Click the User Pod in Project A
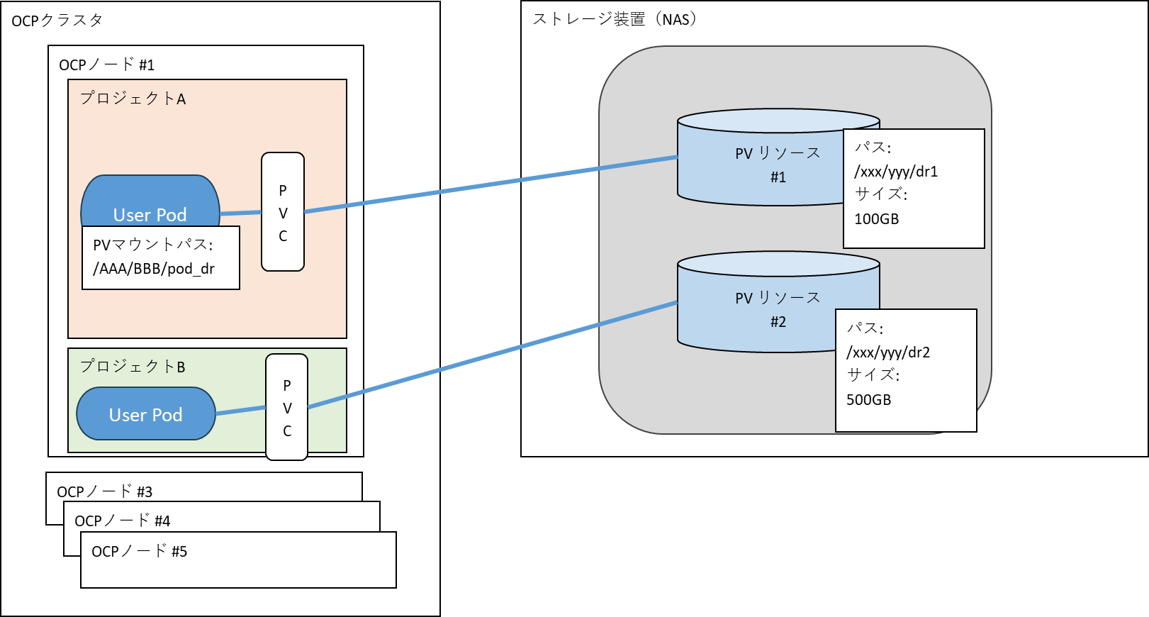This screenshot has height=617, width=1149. pyautogui.click(x=150, y=202)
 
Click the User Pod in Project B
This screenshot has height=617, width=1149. pyautogui.click(x=146, y=414)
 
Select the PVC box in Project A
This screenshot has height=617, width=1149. pyautogui.click(x=283, y=212)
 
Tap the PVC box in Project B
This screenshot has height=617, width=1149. pyautogui.click(x=287, y=407)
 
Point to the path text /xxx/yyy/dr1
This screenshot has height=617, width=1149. pyautogui.click(x=896, y=172)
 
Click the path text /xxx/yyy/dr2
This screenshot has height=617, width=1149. pyautogui.click(x=888, y=352)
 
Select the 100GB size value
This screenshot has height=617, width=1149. pyautogui.click(x=877, y=219)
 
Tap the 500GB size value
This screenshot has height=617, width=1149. pyautogui.click(x=869, y=400)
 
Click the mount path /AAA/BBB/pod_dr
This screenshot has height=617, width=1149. pyautogui.click(x=154, y=269)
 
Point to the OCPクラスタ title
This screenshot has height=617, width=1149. pyautogui.click(x=57, y=21)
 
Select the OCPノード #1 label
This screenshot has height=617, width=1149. pyautogui.click(x=106, y=65)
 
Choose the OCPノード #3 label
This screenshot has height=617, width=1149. pyautogui.click(x=105, y=491)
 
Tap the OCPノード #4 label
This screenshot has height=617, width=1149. pyautogui.click(x=123, y=521)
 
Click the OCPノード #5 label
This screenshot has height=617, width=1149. pyautogui.click(x=140, y=551)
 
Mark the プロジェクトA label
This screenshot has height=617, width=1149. pyautogui.click(x=133, y=99)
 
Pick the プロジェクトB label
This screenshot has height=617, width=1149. pyautogui.click(x=133, y=367)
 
